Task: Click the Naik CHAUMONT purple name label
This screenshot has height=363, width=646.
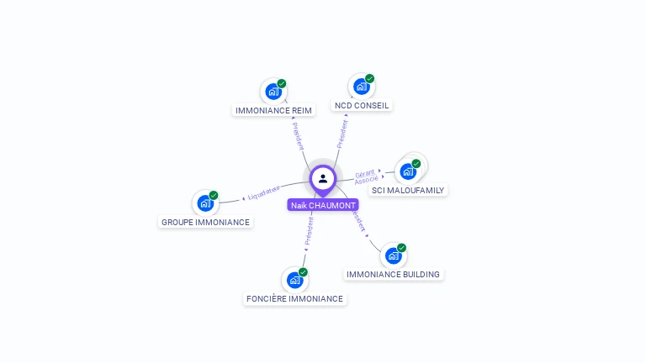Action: [323, 205]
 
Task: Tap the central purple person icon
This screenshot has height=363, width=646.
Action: [323, 178]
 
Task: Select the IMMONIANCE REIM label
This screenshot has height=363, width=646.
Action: [273, 110]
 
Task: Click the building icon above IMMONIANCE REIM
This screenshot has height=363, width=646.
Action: [273, 92]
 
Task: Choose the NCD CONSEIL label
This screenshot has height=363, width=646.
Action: [362, 106]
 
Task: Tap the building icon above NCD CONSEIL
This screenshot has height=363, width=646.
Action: [362, 87]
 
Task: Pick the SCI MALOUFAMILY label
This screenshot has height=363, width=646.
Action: [409, 191]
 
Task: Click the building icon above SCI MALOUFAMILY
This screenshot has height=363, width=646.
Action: [409, 171]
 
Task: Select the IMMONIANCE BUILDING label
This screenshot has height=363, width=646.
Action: [393, 275]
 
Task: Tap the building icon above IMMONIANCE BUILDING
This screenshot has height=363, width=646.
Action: [393, 255]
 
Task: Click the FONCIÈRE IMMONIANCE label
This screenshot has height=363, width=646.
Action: [294, 298]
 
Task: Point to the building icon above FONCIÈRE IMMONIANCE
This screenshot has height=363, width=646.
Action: [294, 280]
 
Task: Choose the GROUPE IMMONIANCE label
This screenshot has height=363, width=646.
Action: [205, 222]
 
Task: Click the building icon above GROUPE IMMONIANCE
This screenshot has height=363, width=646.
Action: [205, 203]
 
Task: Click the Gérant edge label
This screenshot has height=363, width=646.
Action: [364, 173]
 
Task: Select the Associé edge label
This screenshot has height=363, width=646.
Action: [367, 181]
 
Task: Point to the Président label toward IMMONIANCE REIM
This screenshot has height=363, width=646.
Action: [299, 135]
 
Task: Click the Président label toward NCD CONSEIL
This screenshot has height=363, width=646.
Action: [342, 133]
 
